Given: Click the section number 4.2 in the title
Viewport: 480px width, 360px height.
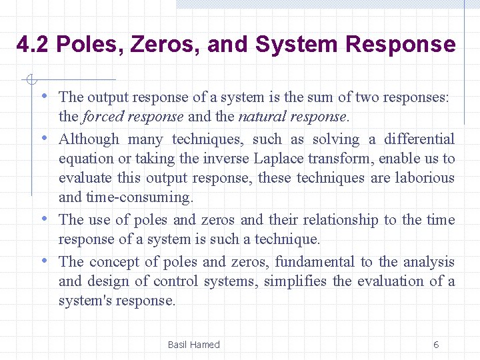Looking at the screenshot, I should pyautogui.click(x=33, y=45).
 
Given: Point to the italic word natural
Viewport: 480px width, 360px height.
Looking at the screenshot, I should pyautogui.click(x=261, y=117).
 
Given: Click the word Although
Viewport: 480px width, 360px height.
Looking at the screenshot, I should pyautogui.click(x=89, y=139).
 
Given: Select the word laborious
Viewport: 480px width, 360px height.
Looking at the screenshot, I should pyautogui.click(x=423, y=178).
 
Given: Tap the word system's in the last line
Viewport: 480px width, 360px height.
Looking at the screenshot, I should pyautogui.click(x=85, y=301).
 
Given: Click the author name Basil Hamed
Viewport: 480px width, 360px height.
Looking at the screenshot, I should pyautogui.click(x=193, y=345).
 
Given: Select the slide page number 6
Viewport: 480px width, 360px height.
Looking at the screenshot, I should pyautogui.click(x=436, y=345).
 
